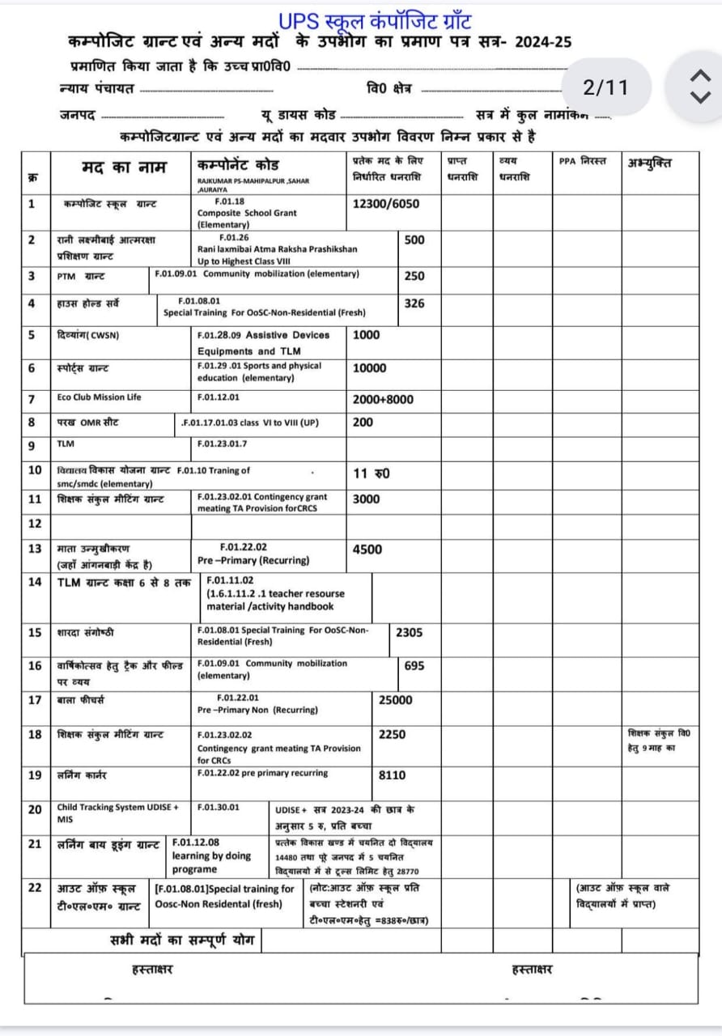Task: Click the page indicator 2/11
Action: tap(605, 87)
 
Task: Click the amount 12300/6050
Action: tap(386, 204)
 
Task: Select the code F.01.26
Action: tap(234, 238)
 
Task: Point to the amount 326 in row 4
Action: tap(414, 304)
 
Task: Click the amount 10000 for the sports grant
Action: tap(369, 368)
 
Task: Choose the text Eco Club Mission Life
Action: tap(99, 397)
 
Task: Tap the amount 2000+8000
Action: tap(383, 399)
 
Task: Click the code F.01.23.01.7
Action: tap(223, 444)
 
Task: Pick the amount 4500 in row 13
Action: tap(367, 550)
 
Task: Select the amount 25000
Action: tap(395, 700)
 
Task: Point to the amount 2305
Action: tap(409, 633)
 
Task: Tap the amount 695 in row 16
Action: tap(414, 665)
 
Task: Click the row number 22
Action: tap(35, 888)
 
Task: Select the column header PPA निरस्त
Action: tap(582, 162)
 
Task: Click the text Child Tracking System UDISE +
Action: tap(117, 807)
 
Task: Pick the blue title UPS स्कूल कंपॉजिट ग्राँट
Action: tap(374, 21)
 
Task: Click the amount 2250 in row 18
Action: tap(392, 735)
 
